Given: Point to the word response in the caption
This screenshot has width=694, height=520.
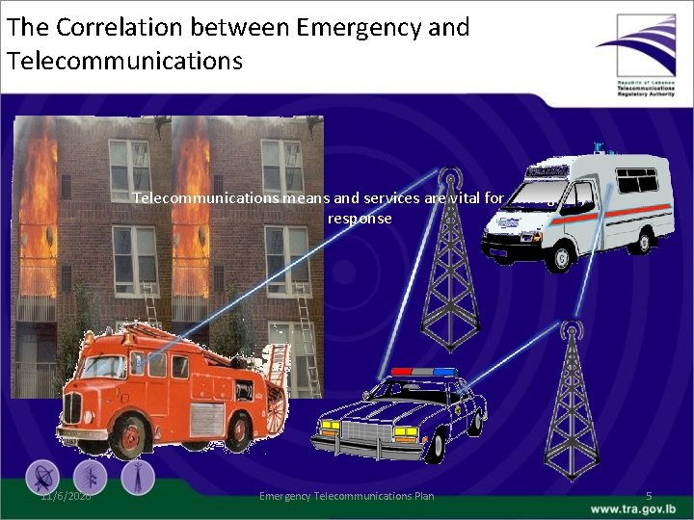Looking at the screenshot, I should [360, 219].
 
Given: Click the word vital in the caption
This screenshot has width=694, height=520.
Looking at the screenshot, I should [464, 198].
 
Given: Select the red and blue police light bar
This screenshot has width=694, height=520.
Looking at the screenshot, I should [423, 372].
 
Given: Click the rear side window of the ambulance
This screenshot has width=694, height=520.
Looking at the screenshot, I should [636, 180].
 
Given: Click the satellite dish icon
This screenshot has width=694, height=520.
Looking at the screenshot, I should [42, 477].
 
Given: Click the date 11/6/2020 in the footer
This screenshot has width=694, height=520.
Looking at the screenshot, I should [66, 496].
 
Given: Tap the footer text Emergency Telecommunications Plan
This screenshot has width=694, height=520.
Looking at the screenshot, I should [347, 496].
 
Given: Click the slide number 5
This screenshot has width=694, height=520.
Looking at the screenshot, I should [649, 496].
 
